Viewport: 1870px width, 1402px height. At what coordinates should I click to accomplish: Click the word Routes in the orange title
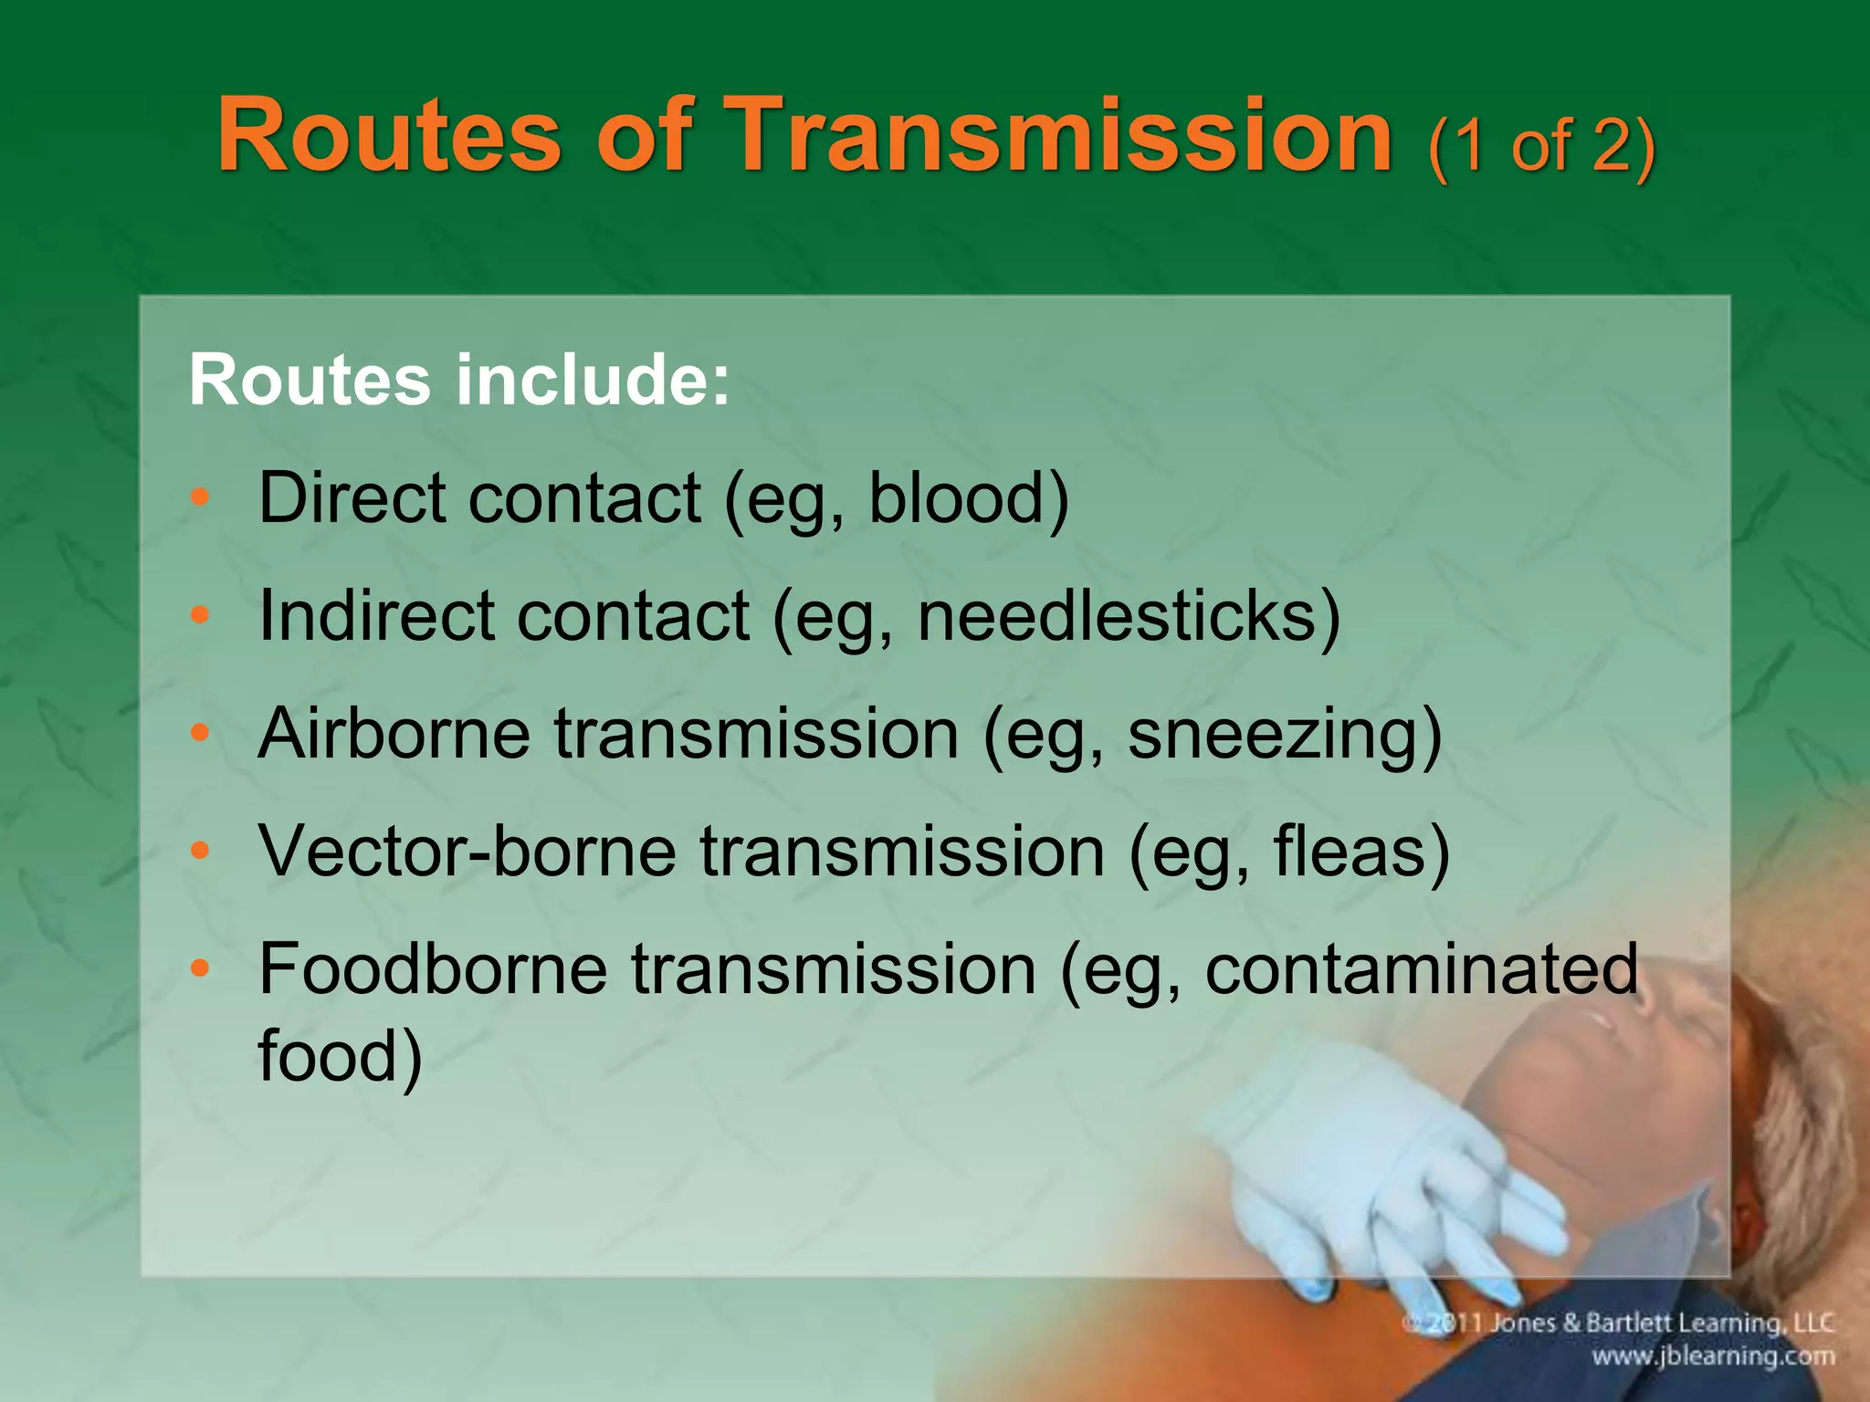point(388,137)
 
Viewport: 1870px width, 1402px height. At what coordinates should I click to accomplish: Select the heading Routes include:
point(459,380)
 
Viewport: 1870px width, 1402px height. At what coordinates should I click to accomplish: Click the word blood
point(968,498)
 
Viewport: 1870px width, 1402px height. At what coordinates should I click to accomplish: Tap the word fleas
point(1360,852)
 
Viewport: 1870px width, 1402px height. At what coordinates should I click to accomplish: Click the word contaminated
point(1422,969)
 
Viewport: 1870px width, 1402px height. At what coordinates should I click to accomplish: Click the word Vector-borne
point(467,852)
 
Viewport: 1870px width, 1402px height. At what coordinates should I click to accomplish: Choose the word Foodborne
point(433,969)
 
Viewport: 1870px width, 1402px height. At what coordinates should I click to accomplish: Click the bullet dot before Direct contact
point(201,498)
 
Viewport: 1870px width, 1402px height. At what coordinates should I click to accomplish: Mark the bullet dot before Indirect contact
point(201,616)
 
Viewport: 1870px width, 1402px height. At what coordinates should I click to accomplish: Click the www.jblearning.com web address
point(1713,1356)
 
